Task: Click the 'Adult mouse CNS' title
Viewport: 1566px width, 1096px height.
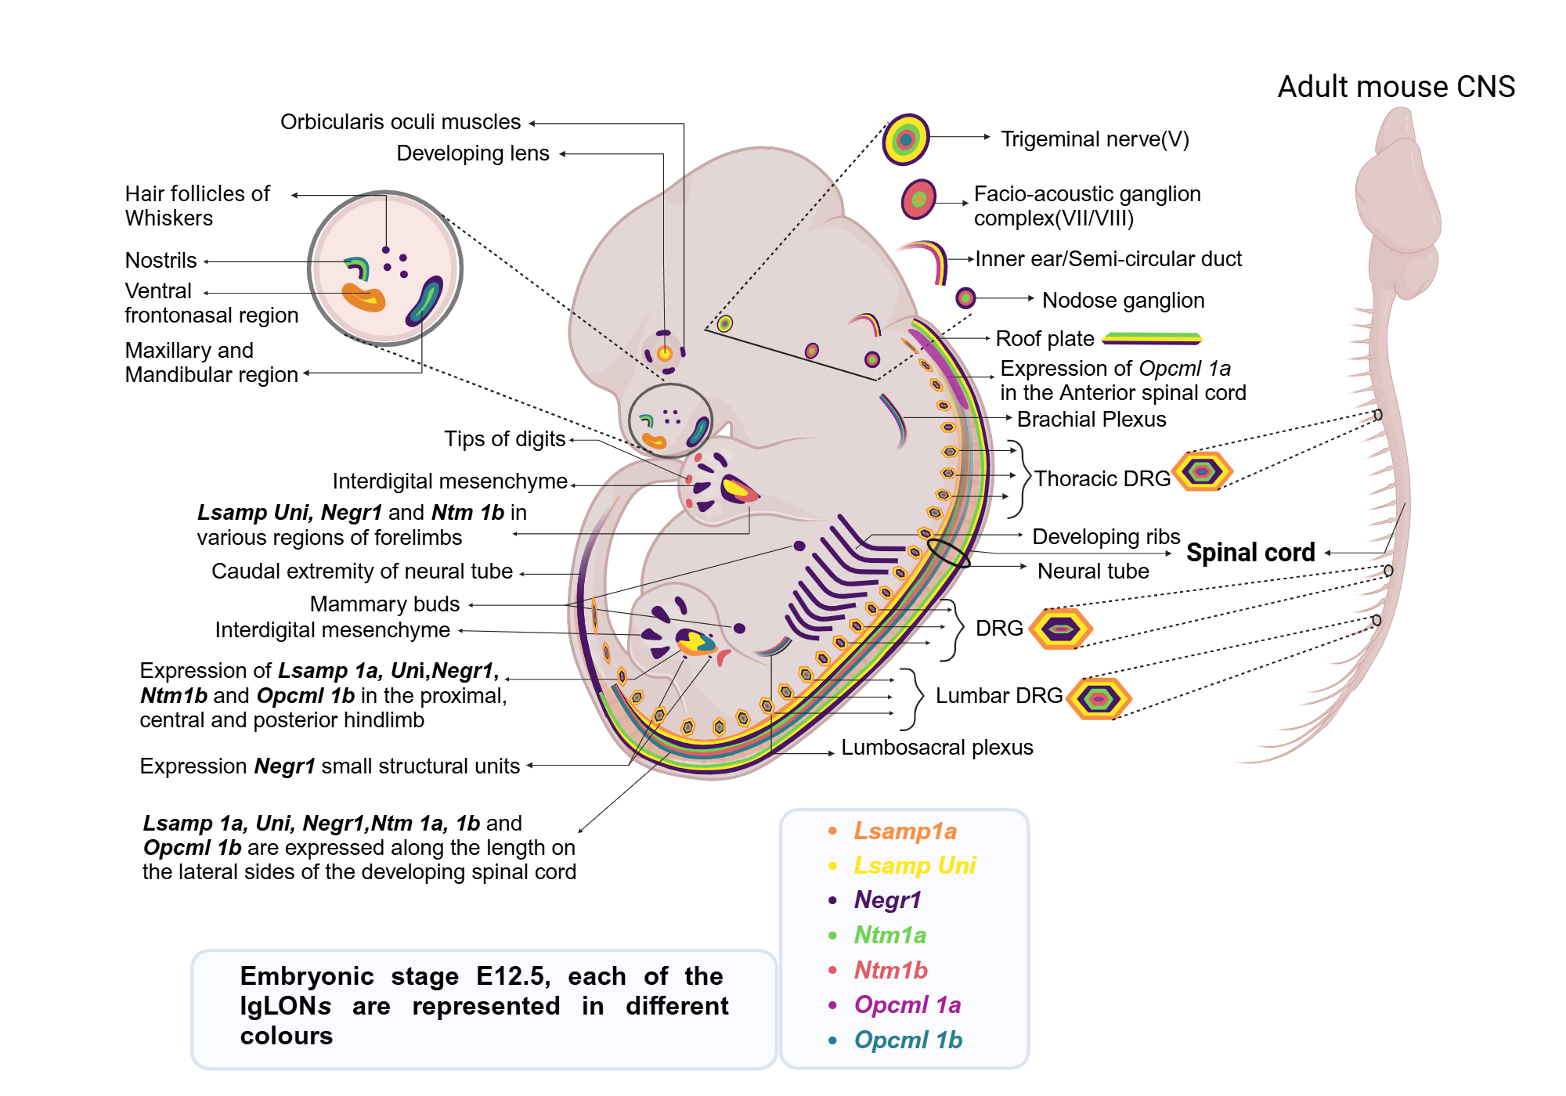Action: click(x=1396, y=87)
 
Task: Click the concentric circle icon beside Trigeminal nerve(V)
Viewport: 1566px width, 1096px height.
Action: click(x=906, y=139)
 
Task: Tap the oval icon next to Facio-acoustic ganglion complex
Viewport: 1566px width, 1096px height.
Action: click(x=918, y=199)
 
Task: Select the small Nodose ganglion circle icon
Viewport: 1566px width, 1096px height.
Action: click(x=965, y=298)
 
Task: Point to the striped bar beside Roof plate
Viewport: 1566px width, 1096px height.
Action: click(x=1151, y=338)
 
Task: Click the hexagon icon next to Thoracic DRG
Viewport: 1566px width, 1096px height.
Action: click(x=1203, y=471)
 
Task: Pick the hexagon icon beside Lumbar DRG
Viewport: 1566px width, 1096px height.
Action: click(x=1099, y=698)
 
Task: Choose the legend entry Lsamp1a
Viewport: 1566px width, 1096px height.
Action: click(x=904, y=831)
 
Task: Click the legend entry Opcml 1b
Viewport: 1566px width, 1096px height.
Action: click(x=907, y=1040)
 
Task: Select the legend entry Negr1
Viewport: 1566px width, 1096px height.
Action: click(x=887, y=900)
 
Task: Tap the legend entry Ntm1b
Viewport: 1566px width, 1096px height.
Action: click(x=890, y=970)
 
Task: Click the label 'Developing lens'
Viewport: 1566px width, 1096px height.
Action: click(x=473, y=153)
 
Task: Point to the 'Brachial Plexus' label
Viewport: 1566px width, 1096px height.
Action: click(x=1091, y=420)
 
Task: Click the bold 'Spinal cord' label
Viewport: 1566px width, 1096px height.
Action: click(x=1250, y=553)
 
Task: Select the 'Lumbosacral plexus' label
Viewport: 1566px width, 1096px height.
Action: click(x=936, y=748)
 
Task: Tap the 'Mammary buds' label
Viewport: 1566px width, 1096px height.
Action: click(x=384, y=604)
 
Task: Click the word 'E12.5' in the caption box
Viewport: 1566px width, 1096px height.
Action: click(x=513, y=976)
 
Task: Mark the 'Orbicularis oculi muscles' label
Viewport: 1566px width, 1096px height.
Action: click(x=400, y=122)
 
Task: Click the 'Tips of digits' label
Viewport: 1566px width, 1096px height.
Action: click(x=504, y=439)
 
